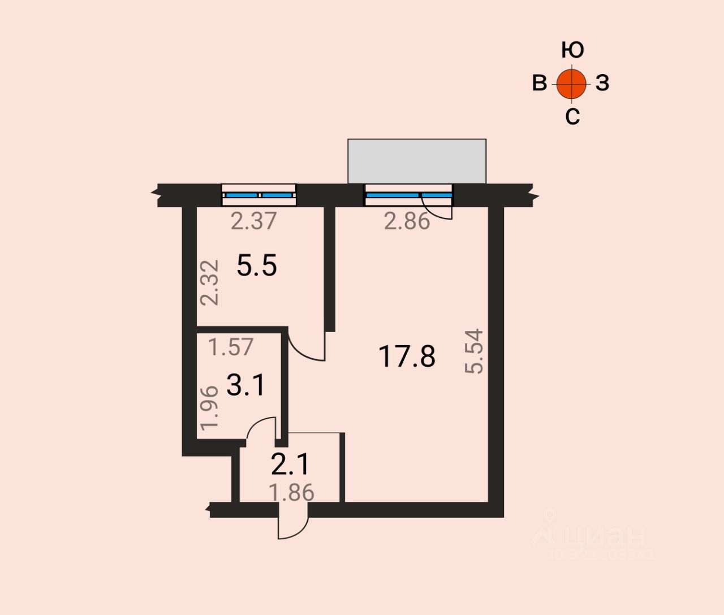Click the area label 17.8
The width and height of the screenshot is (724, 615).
click(407, 357)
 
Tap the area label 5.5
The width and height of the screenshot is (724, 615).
click(257, 265)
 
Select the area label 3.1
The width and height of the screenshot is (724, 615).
click(245, 386)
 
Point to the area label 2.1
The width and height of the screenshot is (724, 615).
click(290, 465)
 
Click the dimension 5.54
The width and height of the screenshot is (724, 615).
click(475, 351)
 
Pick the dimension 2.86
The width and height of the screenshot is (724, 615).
click(407, 221)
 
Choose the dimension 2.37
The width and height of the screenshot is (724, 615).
click(254, 221)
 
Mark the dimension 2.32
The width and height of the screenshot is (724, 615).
click(210, 282)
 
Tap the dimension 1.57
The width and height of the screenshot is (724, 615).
click(231, 347)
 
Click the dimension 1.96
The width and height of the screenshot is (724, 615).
click(209, 407)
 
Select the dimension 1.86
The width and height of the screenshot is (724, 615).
click(291, 493)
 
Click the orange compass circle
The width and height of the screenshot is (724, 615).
click(572, 84)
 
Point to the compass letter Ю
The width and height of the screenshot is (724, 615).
click(572, 50)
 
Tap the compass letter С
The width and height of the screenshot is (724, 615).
click(572, 117)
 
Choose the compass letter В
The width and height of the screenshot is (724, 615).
click(540, 83)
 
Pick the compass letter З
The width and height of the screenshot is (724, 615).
click(602, 83)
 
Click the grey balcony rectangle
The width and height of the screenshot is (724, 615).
click(417, 161)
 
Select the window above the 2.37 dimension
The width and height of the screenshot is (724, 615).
click(258, 195)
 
